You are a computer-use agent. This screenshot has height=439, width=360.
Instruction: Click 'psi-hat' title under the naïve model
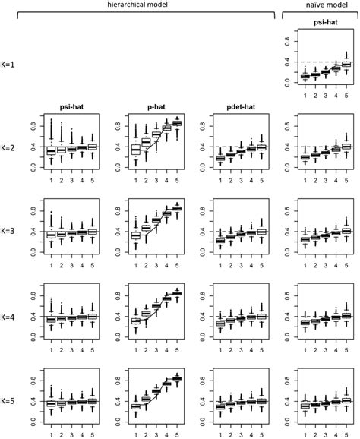[317, 33]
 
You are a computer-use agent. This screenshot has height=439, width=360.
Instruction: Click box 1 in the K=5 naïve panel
[295, 406]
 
